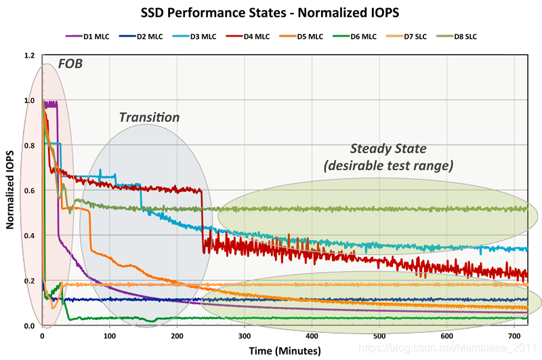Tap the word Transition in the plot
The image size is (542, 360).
149,117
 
